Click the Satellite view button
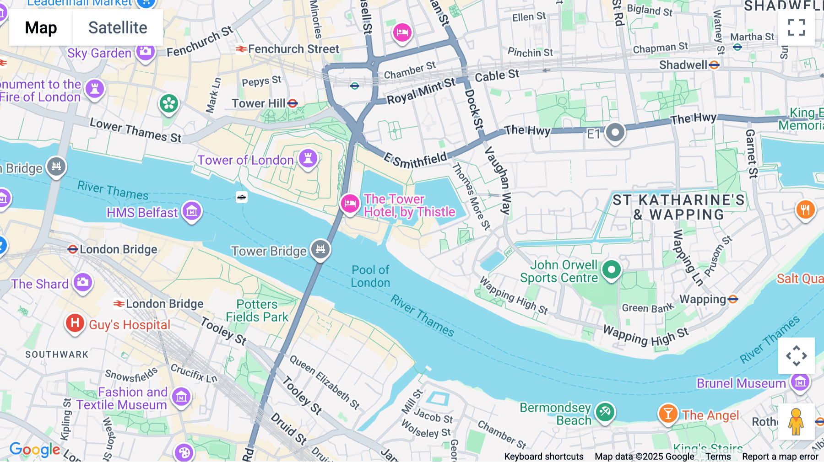[x=118, y=27]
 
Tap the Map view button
[x=41, y=27]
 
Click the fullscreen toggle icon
[x=796, y=27]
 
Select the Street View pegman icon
[x=796, y=422]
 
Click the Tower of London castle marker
[x=308, y=159]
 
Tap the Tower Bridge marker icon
[x=320, y=249]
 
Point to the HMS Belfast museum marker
[x=192, y=211]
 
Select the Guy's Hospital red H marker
[x=75, y=323]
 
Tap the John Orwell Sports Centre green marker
[x=611, y=270]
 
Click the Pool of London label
[x=370, y=276]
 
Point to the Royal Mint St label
[x=421, y=91]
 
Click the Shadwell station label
[x=683, y=65]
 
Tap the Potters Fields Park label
[x=257, y=311]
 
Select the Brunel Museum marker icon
[x=800, y=381]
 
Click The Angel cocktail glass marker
[x=668, y=414]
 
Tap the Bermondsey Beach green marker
[x=605, y=412]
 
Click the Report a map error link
[x=780, y=457]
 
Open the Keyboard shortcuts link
[x=543, y=457]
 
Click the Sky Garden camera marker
[x=146, y=52]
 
